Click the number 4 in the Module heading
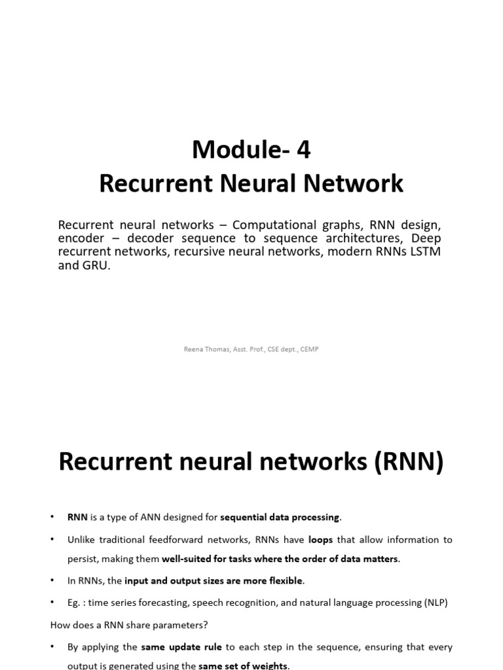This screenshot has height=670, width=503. pyautogui.click(x=303, y=150)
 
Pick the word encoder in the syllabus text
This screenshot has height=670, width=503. pyautogui.click(x=81, y=239)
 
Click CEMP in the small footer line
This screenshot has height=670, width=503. pyautogui.click(x=309, y=349)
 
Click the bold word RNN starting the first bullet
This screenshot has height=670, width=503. pyautogui.click(x=77, y=517)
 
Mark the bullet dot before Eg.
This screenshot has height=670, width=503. pyautogui.click(x=52, y=603)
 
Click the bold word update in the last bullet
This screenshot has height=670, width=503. pyautogui.click(x=190, y=647)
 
